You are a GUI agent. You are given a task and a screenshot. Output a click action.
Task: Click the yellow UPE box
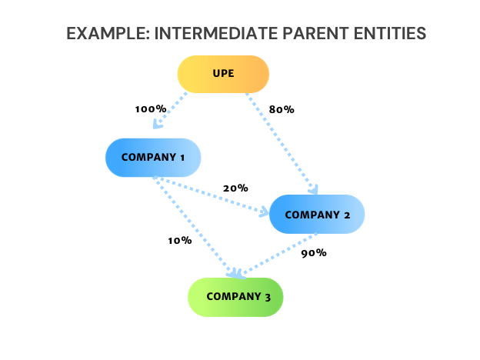[223, 75]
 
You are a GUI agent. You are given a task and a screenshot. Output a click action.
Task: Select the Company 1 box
[153, 158]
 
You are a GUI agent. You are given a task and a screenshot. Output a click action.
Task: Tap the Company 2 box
[317, 215]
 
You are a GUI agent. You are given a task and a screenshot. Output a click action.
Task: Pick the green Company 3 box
[236, 297]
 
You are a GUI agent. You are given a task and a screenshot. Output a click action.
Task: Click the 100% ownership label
[151, 109]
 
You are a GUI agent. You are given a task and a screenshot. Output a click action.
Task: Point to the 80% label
[282, 109]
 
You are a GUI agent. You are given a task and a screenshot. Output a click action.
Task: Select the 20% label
[235, 188]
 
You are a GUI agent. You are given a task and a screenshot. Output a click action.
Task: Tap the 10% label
[179, 240]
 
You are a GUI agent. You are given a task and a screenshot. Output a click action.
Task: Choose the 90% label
[314, 252]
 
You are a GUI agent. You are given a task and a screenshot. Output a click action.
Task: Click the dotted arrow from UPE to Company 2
[280, 142]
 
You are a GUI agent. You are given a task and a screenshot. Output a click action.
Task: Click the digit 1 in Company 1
[182, 158]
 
